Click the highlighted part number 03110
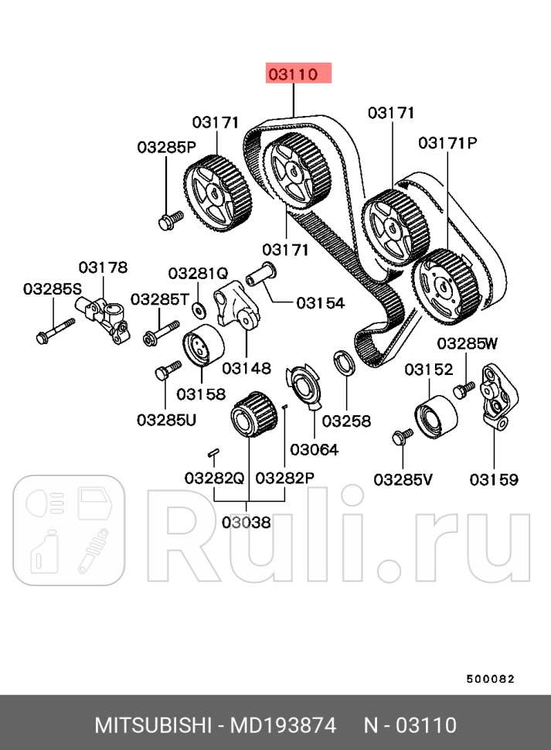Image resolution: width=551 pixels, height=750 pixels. (x=298, y=74)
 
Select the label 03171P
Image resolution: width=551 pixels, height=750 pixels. (x=448, y=143)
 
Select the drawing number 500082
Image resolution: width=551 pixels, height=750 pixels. (x=490, y=679)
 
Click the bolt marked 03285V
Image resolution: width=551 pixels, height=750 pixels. (x=403, y=438)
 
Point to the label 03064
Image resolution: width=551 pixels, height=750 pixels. (x=314, y=449)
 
